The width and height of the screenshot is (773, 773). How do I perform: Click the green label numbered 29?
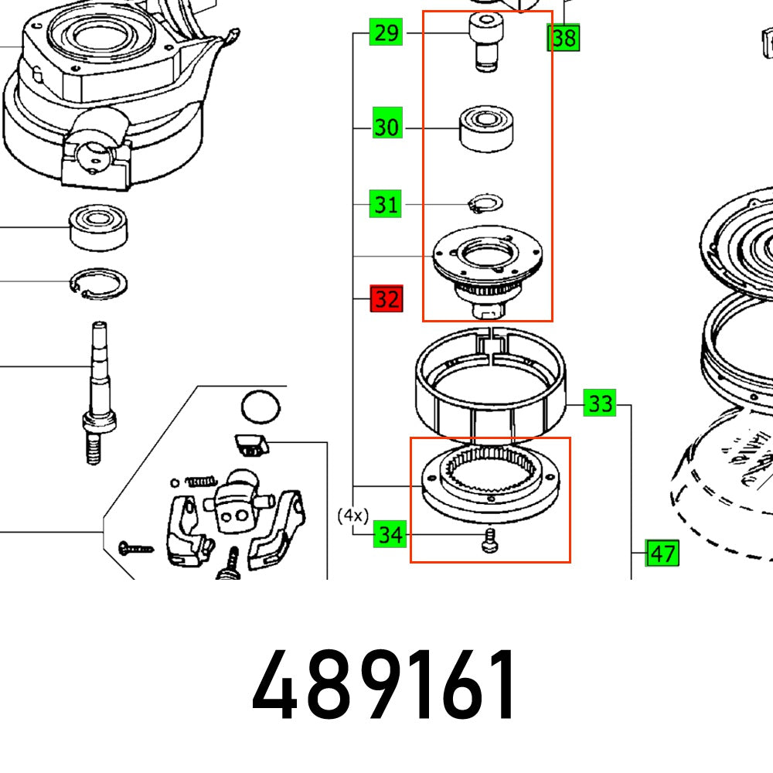point(386,33)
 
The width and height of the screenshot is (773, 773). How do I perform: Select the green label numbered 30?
point(387,127)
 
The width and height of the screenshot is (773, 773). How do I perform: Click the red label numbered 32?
point(386,299)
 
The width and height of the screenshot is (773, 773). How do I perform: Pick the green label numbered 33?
point(601,404)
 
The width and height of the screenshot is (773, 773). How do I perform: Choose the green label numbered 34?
point(390,534)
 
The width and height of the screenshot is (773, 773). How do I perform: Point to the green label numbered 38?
point(563,37)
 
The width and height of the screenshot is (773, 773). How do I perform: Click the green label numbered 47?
point(662,553)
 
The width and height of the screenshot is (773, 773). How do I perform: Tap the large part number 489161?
point(384,685)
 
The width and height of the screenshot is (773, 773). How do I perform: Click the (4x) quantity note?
point(352,515)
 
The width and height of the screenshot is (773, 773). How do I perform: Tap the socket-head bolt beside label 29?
point(484,43)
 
